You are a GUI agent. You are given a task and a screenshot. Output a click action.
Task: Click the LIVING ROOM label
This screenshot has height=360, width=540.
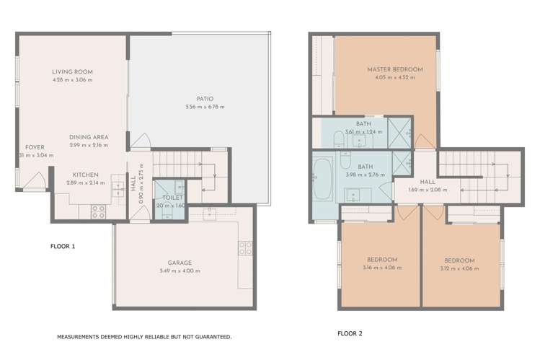(x=73, y=71)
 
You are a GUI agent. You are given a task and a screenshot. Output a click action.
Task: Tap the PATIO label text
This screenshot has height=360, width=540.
(x=204, y=99)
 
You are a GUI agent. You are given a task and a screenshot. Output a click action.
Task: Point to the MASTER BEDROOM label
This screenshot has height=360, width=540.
(x=394, y=69)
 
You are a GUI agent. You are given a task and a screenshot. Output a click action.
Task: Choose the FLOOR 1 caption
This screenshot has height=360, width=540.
(x=63, y=247)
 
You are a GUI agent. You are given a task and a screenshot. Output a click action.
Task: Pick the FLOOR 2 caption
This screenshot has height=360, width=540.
(x=350, y=334)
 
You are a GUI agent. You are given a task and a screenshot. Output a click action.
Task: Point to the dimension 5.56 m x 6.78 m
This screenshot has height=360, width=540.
(x=204, y=107)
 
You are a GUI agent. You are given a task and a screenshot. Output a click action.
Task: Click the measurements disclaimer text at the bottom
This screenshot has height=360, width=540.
(x=144, y=337)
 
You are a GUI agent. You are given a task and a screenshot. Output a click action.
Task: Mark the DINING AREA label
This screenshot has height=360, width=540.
(x=89, y=137)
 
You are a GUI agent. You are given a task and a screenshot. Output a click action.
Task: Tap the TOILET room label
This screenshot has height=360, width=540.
(x=172, y=197)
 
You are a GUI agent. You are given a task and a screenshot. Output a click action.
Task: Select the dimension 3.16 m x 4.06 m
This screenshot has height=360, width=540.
(x=381, y=268)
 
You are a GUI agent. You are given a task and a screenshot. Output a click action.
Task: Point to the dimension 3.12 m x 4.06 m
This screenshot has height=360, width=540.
(x=459, y=268)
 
